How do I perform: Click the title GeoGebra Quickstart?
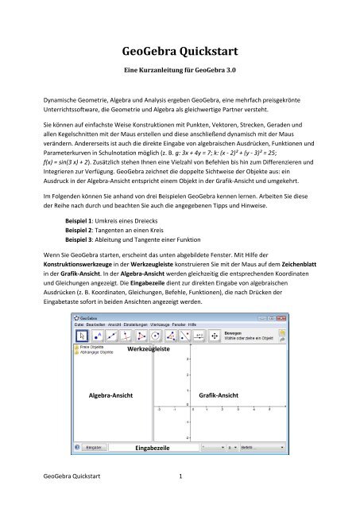180,53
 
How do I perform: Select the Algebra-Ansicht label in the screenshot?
111,394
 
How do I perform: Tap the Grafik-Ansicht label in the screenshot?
220,394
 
